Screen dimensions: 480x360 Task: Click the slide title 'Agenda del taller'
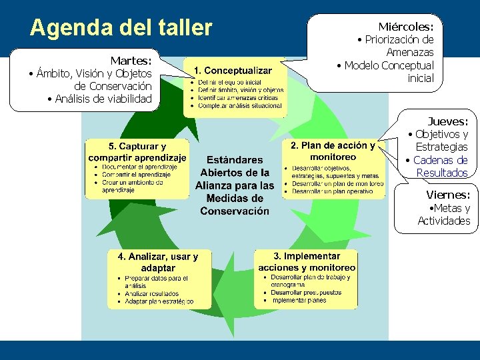tap(121, 28)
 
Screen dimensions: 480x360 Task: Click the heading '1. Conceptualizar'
tap(233, 70)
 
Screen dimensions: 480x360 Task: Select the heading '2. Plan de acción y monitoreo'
tap(333, 151)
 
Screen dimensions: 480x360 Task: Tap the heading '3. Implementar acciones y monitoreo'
tap(307, 261)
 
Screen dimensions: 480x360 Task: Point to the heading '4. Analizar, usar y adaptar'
tap(158, 262)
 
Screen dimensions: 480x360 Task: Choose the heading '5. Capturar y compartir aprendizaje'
tap(137, 152)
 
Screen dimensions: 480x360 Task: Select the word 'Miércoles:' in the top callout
tap(406, 27)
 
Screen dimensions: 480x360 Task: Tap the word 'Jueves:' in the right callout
tap(448, 121)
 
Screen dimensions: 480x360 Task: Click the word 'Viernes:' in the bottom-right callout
tap(448, 195)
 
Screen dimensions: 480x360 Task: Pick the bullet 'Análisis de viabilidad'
tap(104, 99)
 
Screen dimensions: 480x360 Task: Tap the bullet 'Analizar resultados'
tap(152, 293)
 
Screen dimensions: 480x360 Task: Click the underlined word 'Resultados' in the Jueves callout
tap(442, 173)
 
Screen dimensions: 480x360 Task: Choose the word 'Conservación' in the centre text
tap(235, 211)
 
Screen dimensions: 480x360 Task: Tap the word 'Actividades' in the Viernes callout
tap(444, 221)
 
